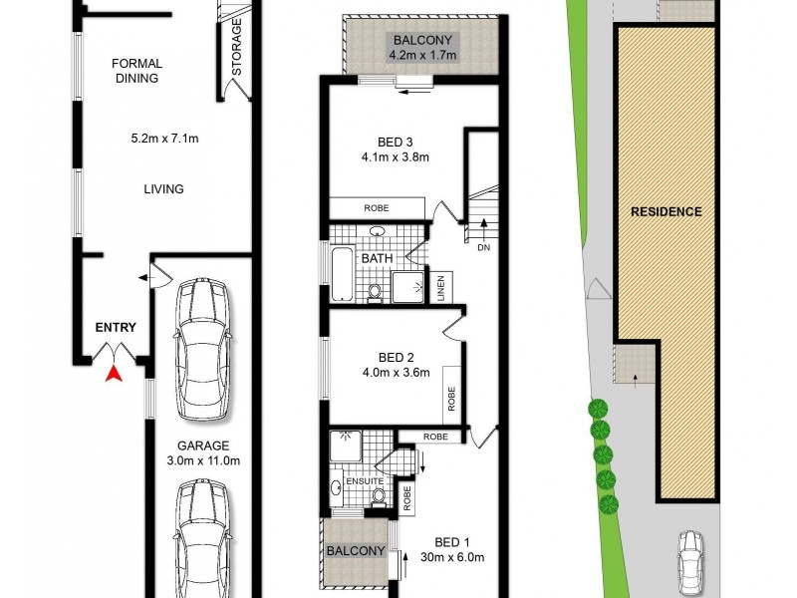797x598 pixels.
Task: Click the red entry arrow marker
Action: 115,374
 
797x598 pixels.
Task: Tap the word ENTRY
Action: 116,327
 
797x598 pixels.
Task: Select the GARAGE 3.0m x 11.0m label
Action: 204,452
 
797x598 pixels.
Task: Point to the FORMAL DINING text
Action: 136,71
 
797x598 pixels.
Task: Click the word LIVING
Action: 163,189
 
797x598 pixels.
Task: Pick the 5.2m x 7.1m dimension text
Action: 165,139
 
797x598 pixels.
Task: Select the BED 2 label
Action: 396,358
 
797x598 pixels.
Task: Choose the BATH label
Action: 377,259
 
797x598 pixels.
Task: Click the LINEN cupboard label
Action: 439,287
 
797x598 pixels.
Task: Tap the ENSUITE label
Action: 365,481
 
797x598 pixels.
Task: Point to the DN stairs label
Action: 484,248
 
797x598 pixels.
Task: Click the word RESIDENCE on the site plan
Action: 665,211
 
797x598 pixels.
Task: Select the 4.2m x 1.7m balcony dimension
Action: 423,56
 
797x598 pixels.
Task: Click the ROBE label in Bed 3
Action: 377,207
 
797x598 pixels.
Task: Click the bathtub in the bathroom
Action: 341,272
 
